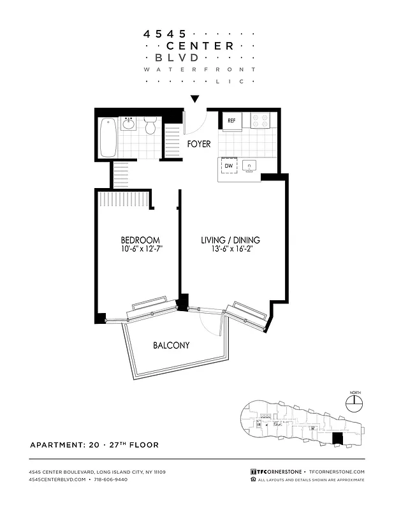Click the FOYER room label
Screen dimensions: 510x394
(199, 144)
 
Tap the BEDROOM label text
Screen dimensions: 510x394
(140, 240)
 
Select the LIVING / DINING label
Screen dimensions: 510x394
(231, 240)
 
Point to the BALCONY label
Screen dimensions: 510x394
(171, 346)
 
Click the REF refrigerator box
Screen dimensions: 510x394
(231, 120)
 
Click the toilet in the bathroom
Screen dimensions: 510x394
(150, 126)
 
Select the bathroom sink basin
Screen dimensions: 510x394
(129, 123)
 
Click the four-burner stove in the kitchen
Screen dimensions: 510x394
(260, 120)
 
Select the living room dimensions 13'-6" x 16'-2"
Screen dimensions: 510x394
(231, 249)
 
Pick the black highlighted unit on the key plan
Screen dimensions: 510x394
(338, 439)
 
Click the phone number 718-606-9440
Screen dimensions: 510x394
(109, 479)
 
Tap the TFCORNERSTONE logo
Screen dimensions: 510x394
(277, 472)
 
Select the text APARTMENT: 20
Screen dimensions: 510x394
(64, 445)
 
